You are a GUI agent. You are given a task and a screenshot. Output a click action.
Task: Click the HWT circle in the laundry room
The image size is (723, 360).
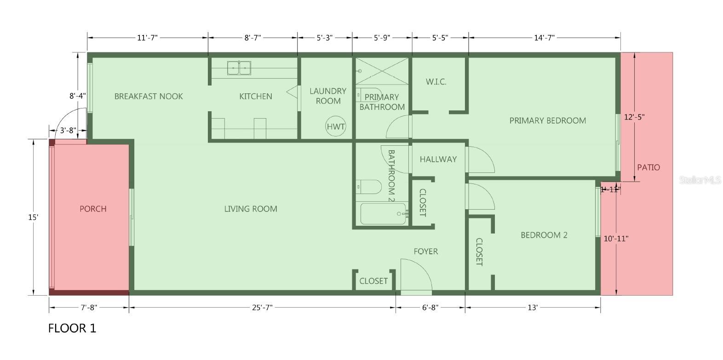click(336, 126)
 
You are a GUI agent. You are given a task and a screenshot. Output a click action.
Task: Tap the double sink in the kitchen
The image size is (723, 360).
click(239, 68)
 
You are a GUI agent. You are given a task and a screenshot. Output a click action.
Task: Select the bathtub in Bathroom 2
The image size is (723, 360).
click(383, 213)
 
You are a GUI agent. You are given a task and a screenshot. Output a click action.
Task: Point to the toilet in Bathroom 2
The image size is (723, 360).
click(368, 187)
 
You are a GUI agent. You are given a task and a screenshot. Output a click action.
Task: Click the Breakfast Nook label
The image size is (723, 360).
click(149, 96)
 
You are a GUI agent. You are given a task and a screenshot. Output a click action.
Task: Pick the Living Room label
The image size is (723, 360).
click(251, 209)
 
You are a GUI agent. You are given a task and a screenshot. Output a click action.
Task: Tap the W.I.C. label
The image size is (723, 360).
click(436, 82)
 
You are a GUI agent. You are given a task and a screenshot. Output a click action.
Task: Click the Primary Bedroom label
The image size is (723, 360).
click(547, 120)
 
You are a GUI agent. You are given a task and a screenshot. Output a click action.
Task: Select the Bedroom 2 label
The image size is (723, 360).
click(544, 235)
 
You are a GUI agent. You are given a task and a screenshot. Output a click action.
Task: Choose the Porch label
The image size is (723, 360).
click(93, 209)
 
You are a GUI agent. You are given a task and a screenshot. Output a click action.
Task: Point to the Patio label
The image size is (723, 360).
click(648, 167)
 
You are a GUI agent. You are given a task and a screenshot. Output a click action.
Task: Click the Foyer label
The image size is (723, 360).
click(426, 251)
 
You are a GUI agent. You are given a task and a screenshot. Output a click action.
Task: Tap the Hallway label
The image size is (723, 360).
click(438, 159)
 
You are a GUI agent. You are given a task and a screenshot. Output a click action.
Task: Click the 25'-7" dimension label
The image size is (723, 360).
click(262, 308)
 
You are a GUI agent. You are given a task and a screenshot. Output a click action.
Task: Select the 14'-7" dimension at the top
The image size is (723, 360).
click(544, 38)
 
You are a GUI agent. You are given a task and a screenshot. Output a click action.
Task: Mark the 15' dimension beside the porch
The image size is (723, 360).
click(33, 217)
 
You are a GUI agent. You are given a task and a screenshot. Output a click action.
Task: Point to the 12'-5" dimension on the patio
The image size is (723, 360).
click(634, 117)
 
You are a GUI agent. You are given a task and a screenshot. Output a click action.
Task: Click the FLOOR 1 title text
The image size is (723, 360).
click(72, 328)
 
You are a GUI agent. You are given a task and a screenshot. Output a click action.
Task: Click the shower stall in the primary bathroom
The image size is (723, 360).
click(382, 71)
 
